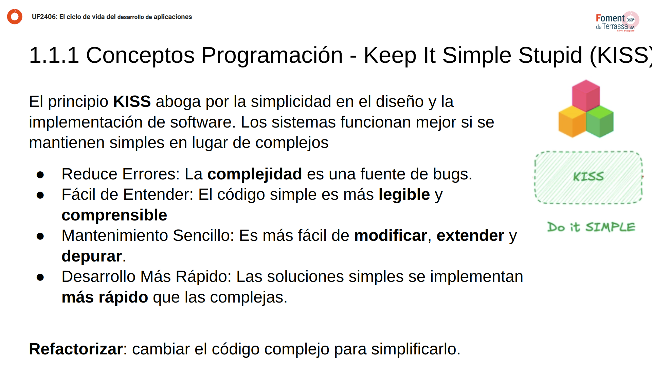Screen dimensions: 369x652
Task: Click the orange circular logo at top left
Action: [x=15, y=17]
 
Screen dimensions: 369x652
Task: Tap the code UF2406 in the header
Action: [x=44, y=17]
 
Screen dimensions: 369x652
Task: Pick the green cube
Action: [x=600, y=121]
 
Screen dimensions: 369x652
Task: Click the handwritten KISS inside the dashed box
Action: [x=588, y=176]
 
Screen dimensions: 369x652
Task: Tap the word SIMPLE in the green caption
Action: [x=610, y=227]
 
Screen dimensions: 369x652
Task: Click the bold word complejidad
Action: [x=254, y=174]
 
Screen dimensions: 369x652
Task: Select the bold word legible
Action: [x=404, y=195]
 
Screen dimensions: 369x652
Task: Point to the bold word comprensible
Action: [x=114, y=215]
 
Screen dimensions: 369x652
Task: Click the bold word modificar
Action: [x=391, y=236]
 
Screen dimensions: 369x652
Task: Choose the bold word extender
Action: [x=470, y=236]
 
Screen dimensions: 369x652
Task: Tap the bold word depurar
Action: [x=92, y=256]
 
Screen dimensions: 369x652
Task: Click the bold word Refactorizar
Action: [x=76, y=349]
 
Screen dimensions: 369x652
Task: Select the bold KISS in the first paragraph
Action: [x=132, y=102]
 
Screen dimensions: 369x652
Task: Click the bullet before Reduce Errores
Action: [x=40, y=175]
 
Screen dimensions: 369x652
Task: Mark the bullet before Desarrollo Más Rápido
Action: [x=40, y=277]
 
